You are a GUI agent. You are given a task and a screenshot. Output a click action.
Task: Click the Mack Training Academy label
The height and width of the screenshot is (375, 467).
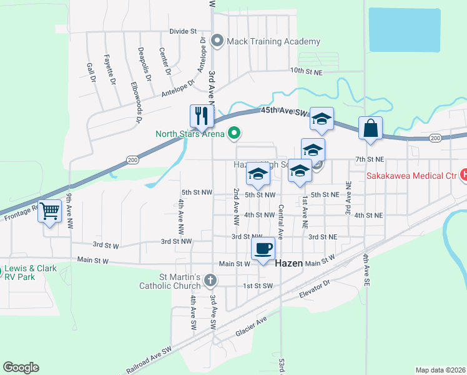tap(273, 42)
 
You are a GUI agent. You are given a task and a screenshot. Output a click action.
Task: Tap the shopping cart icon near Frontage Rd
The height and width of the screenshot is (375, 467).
tap(49, 211)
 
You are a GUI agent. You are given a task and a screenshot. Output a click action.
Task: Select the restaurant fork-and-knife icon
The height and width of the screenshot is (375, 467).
tap(202, 115)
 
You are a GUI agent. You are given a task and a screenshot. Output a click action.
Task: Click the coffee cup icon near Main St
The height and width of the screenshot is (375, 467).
tap(263, 248)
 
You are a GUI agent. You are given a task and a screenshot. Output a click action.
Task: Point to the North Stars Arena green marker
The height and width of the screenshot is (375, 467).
tap(235, 132)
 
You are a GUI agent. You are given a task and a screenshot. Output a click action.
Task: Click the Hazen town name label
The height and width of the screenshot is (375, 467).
tap(289, 264)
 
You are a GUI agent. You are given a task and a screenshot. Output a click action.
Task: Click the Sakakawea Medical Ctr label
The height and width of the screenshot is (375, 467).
tap(413, 176)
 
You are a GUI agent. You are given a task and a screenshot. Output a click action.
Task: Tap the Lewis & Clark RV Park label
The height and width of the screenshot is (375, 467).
tap(31, 272)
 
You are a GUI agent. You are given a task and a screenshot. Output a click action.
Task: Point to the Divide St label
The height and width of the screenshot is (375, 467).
tap(183, 31)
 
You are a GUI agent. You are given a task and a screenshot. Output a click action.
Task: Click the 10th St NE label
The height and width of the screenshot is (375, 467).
tap(305, 71)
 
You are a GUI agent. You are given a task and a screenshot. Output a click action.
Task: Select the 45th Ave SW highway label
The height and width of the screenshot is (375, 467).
tap(285, 111)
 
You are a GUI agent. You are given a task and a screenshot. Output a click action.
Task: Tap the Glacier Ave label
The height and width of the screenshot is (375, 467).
tap(251, 326)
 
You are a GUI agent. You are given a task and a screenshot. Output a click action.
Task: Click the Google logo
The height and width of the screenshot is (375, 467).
tap(21, 367)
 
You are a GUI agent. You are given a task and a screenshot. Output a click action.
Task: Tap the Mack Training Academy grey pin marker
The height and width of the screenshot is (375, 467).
tap(218, 42)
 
